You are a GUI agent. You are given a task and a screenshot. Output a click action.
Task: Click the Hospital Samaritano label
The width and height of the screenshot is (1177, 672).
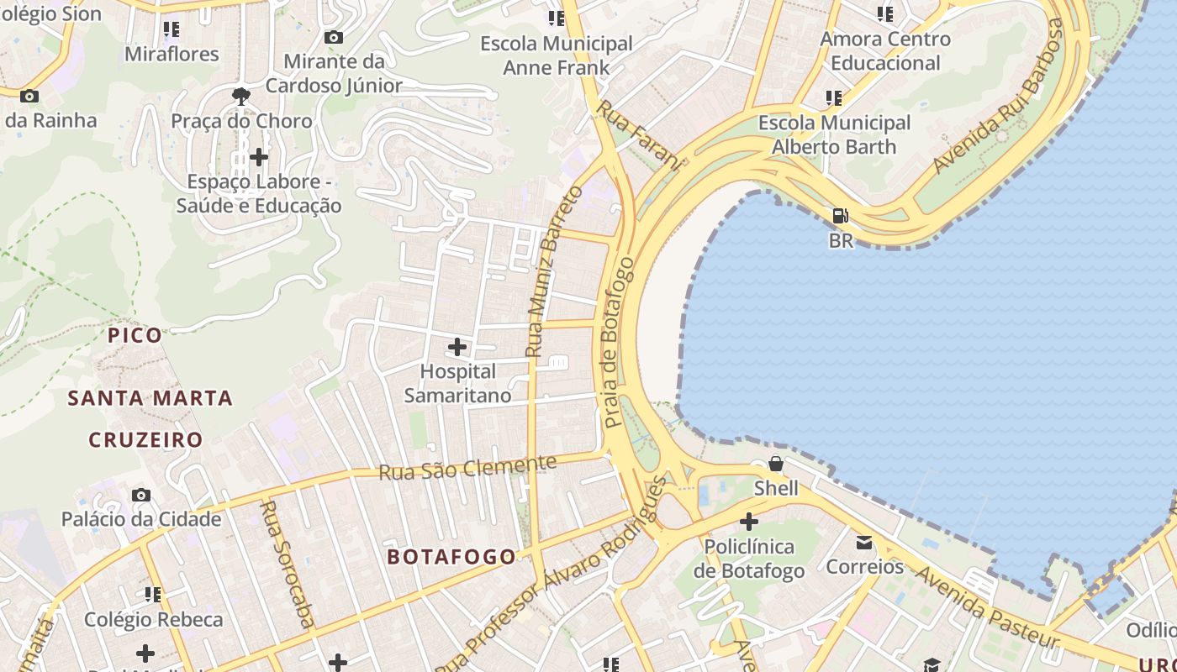click(x=457, y=383)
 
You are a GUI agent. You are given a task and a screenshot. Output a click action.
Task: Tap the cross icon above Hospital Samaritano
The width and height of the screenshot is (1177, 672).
click(x=457, y=346)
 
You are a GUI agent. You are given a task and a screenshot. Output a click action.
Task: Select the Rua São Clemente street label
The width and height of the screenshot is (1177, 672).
click(x=467, y=468)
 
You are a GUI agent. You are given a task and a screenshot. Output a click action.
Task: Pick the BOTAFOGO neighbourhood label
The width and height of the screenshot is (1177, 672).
click(x=451, y=557)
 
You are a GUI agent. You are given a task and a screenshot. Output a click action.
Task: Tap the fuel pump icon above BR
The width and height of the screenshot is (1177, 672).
click(x=840, y=216)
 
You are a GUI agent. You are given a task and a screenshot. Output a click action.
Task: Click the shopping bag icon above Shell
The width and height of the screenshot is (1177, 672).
click(x=776, y=464)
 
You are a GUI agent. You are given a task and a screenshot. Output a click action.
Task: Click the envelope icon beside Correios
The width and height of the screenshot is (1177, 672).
click(x=864, y=542)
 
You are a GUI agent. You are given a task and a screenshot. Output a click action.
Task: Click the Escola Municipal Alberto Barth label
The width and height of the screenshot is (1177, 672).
click(x=834, y=134)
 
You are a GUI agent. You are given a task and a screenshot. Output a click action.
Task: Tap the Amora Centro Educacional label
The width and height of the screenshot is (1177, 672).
click(x=885, y=50)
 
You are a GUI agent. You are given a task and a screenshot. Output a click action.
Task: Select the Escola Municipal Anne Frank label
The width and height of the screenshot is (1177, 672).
click(x=556, y=55)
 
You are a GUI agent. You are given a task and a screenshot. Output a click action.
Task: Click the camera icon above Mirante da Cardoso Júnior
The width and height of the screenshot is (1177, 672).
click(x=333, y=37)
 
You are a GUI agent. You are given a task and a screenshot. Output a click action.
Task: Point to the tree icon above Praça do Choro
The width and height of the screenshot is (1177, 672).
click(x=241, y=96)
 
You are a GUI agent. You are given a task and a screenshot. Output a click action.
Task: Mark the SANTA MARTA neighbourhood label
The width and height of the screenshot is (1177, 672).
click(x=150, y=398)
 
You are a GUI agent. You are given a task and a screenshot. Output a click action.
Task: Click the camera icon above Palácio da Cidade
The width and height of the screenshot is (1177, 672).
click(x=141, y=495)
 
